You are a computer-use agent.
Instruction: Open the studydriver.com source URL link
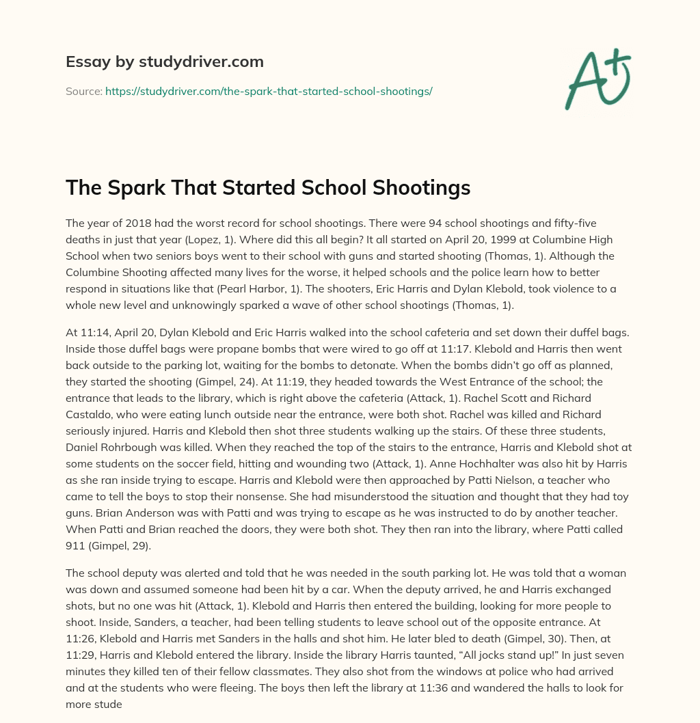coord(269,91)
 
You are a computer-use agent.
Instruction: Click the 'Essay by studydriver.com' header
coord(164,62)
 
